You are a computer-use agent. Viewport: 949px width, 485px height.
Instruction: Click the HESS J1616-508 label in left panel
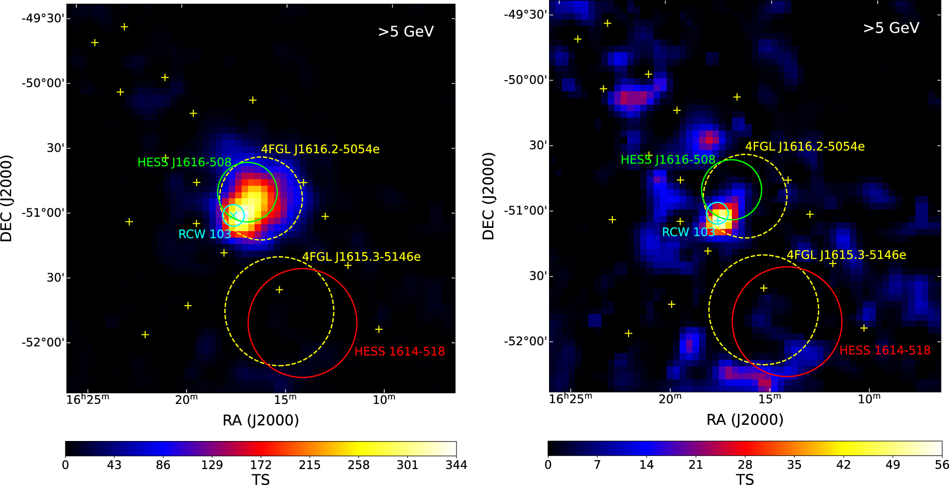[184, 162]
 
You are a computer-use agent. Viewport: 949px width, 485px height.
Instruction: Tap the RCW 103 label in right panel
[688, 232]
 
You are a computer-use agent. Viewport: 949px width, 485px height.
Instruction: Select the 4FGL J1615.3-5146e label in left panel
[361, 257]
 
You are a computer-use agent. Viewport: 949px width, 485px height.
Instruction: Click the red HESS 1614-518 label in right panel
[885, 350]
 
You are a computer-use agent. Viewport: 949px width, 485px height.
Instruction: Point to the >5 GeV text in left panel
[406, 31]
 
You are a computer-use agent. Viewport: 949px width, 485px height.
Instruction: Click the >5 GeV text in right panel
[891, 28]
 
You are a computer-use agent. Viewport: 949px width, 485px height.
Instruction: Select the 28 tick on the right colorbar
[745, 465]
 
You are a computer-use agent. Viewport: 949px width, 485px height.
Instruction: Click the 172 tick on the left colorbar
[261, 465]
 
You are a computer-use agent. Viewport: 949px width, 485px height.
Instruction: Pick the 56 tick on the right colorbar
[942, 465]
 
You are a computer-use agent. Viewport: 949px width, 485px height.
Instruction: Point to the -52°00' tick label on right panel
[525, 341]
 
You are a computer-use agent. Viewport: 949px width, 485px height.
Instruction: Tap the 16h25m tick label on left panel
[87, 399]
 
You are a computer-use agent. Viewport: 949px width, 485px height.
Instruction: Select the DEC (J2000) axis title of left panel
[6, 198]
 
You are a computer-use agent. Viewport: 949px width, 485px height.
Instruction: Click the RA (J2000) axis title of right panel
[744, 420]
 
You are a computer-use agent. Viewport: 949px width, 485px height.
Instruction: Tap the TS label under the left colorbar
[261, 479]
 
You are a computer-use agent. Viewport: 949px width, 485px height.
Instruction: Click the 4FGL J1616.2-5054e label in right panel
[805, 146]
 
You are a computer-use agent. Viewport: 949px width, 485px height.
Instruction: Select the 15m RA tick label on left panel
[285, 399]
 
